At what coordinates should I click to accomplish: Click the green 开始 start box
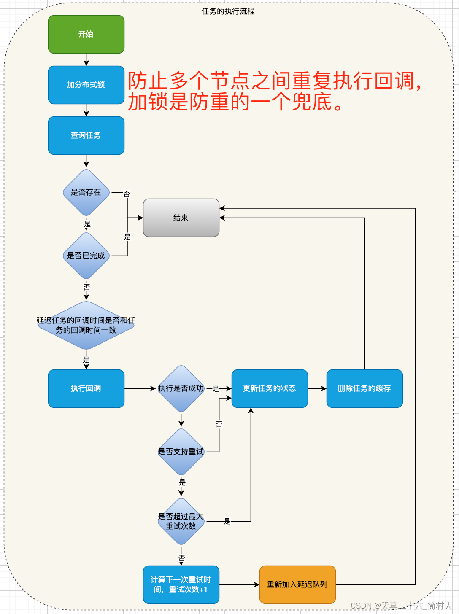point(86,34)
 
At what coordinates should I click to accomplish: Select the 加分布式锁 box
point(86,85)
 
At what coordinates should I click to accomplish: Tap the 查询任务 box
point(86,135)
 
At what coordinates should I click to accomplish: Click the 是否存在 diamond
point(86,192)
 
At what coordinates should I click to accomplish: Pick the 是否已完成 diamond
point(86,256)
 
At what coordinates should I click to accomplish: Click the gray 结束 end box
point(181,218)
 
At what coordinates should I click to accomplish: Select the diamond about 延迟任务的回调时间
point(86,325)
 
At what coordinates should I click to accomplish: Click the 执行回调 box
point(86,388)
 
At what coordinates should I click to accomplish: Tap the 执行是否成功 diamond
point(181,388)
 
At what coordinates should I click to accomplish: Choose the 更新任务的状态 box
point(270,388)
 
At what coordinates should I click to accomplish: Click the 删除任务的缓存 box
point(364,388)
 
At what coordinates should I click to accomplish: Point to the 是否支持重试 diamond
point(181,452)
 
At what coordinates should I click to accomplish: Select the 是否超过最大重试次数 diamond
point(181,521)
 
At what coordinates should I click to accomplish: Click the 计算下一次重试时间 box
point(181,584)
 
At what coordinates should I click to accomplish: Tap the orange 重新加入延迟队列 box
point(297,584)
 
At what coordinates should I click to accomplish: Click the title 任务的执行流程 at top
point(228,11)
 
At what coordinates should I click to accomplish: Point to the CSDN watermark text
point(401,606)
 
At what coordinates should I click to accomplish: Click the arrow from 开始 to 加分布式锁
point(86,60)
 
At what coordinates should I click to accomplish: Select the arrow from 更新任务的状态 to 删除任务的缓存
point(317,388)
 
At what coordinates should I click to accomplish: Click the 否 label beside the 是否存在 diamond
point(127,194)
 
